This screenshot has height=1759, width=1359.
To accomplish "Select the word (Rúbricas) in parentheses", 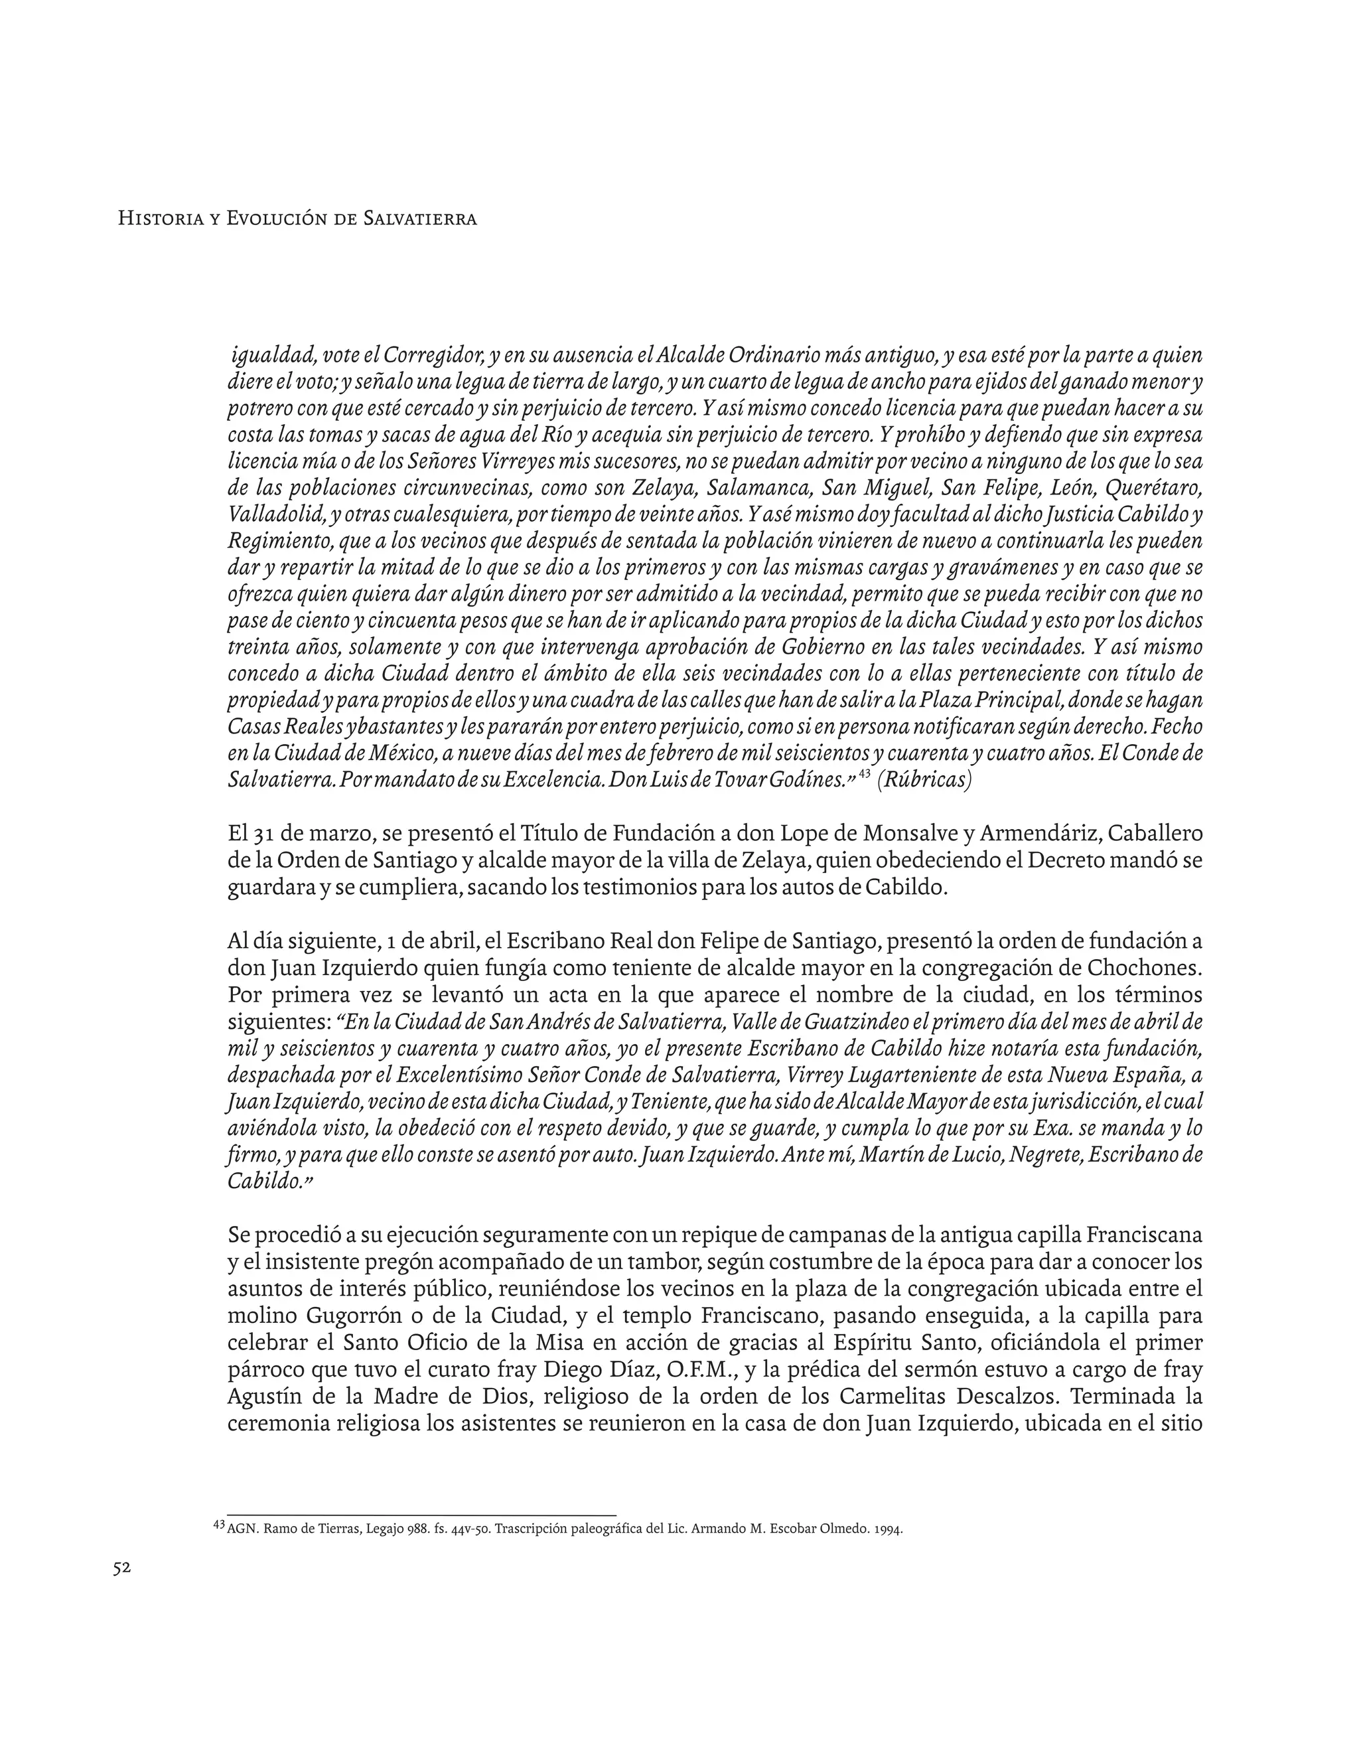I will [x=924, y=781].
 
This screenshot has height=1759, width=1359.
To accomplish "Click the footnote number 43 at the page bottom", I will [x=219, y=1525].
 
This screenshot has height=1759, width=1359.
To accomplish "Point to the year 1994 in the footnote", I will [x=887, y=1529].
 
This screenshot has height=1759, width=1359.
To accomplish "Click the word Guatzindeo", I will [x=856, y=1022].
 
